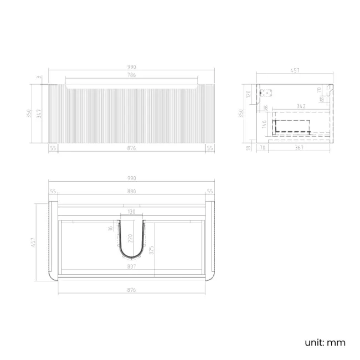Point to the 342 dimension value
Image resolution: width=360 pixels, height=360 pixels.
(x=301, y=105)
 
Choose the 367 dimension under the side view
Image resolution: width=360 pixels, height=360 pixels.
(x=300, y=148)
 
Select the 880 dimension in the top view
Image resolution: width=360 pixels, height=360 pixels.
(x=132, y=191)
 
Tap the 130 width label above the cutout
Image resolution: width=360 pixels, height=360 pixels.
(x=132, y=212)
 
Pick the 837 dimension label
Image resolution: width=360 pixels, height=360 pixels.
(x=132, y=266)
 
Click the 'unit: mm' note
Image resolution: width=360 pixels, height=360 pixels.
(x=325, y=342)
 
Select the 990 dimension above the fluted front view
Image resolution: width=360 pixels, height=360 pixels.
(x=132, y=67)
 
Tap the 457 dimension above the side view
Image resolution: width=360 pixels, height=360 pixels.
(x=295, y=70)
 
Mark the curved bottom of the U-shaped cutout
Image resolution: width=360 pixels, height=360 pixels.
(x=132, y=258)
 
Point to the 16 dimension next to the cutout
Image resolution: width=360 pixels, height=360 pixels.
(x=110, y=227)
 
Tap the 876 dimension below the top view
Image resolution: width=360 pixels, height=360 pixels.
(x=132, y=290)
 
